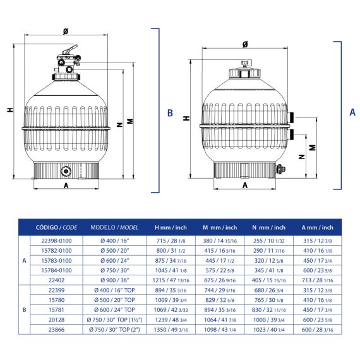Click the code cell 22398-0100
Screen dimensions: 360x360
coord(56,241)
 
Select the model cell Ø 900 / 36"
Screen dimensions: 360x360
coord(114,280)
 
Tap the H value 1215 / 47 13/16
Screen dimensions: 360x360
coord(171,280)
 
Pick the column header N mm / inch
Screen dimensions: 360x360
coord(269,227)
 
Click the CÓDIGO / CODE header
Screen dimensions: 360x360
coord(56,227)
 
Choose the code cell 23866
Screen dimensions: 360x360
coord(56,330)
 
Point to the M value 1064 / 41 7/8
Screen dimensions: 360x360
coord(220,320)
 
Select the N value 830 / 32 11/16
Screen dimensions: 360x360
coord(269,310)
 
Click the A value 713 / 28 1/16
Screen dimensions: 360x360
coord(318,280)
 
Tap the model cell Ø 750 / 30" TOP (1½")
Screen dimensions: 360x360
coord(114,320)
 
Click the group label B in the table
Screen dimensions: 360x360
coord(25,310)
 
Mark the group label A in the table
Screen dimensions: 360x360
coord(25,261)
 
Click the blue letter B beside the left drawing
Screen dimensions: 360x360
coord(170,113)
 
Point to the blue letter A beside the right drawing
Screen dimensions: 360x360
coord(352,112)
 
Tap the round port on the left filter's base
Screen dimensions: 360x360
coord(66,171)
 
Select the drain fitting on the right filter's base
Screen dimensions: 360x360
coord(280,169)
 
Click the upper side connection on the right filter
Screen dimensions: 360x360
coord(291,117)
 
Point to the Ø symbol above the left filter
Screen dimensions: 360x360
coord(66,31)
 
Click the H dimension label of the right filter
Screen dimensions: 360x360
coord(186,118)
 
